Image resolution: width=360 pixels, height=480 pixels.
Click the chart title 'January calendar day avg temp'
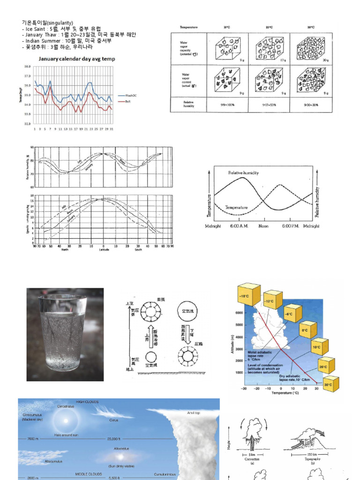click(x=77, y=59)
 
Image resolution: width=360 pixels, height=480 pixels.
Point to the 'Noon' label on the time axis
click(x=263, y=226)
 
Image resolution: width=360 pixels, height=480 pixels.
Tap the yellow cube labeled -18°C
click(x=248, y=294)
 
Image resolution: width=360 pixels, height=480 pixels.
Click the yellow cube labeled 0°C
click(x=305, y=330)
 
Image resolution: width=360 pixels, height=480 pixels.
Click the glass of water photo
click(x=65, y=334)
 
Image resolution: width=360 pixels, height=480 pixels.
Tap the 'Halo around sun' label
click(x=66, y=435)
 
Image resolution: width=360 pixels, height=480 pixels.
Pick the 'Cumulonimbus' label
click(x=165, y=474)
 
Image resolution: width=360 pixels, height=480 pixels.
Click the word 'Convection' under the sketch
click(x=252, y=459)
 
